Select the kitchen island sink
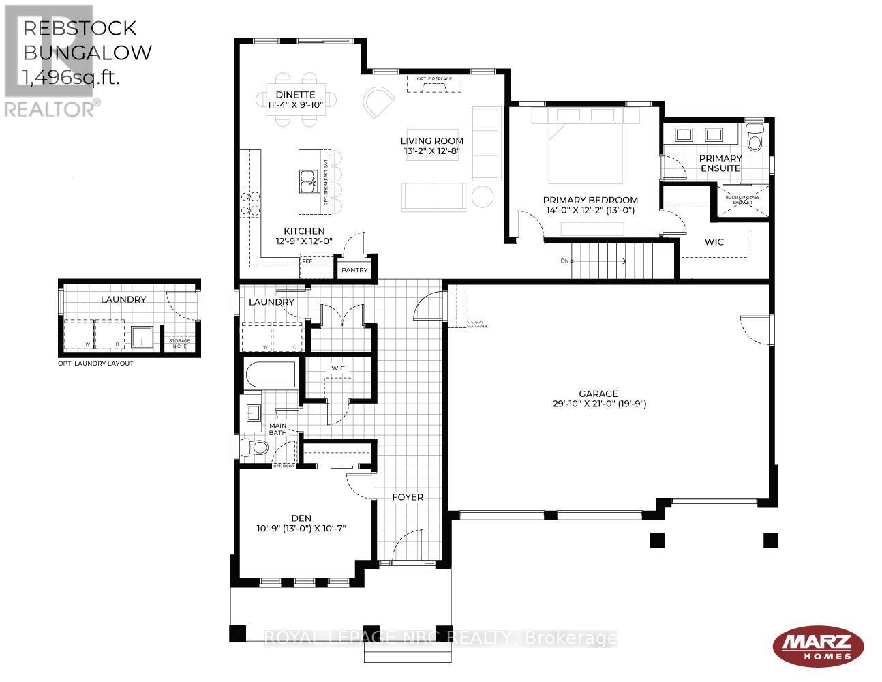point(307,180)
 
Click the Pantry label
point(354,270)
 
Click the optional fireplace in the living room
point(434,83)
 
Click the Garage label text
point(598,394)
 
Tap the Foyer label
point(408,496)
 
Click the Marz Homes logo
point(817,644)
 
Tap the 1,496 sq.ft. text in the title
point(72,77)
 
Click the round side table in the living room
point(483,196)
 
